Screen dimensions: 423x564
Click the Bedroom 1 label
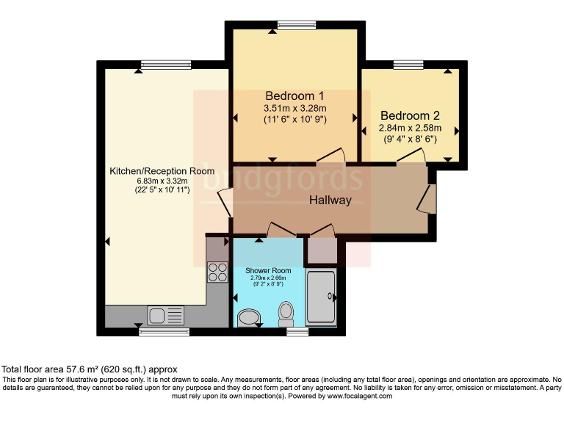point(294,96)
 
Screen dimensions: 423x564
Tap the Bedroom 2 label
point(410,116)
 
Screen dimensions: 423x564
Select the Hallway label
point(330,200)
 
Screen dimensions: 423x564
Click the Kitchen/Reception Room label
point(162,171)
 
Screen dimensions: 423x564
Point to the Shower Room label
point(268,271)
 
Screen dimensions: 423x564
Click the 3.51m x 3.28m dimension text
point(294,109)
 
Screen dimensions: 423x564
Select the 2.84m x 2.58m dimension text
point(409,128)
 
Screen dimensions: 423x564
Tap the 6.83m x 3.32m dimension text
point(162,181)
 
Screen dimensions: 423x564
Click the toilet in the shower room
point(286,314)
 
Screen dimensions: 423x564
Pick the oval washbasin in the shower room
point(249,317)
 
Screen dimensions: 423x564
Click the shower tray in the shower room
point(321,297)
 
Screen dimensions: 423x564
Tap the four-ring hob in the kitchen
point(217,272)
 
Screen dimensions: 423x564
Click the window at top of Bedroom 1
point(292,24)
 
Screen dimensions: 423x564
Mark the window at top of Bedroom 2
point(408,65)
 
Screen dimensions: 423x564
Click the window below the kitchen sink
point(159,331)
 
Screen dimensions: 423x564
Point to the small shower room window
point(297,331)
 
